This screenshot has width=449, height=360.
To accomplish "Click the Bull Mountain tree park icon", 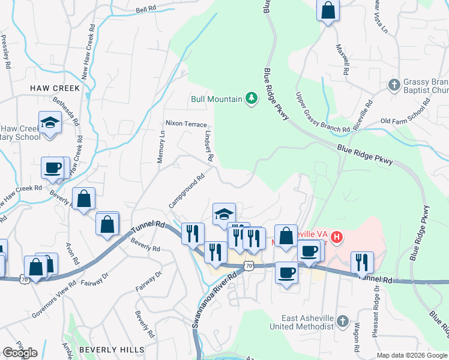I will click(252, 98).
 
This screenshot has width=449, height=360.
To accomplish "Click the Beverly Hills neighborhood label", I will click(112, 349).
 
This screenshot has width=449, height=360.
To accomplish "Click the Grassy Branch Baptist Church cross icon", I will click(394, 85).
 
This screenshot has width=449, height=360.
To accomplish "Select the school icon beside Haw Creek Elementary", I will click(50, 123).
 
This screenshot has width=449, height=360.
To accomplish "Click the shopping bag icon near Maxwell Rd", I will click(328, 10).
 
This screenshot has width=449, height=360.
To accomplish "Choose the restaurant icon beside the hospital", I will click(362, 262).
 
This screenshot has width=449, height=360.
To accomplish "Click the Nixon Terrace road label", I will click(186, 124).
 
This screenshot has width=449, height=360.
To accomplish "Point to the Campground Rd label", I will click(187, 191).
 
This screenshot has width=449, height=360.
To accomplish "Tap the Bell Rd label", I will click(146, 10).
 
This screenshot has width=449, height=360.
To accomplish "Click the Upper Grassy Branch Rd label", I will click(322, 112).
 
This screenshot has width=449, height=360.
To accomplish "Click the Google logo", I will click(20, 353).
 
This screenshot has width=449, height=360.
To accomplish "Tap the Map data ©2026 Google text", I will click(412, 355).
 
